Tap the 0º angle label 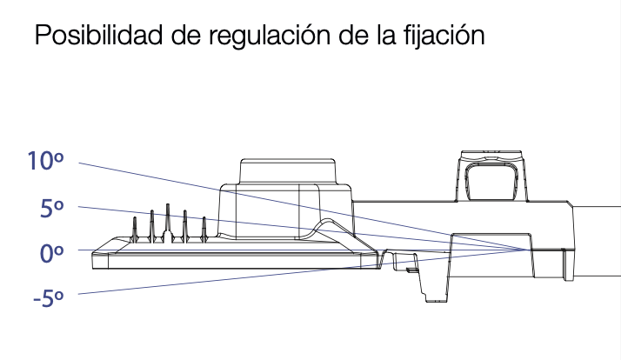[x=51, y=253]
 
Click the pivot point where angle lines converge [x=526, y=250]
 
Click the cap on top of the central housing [x=288, y=170]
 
